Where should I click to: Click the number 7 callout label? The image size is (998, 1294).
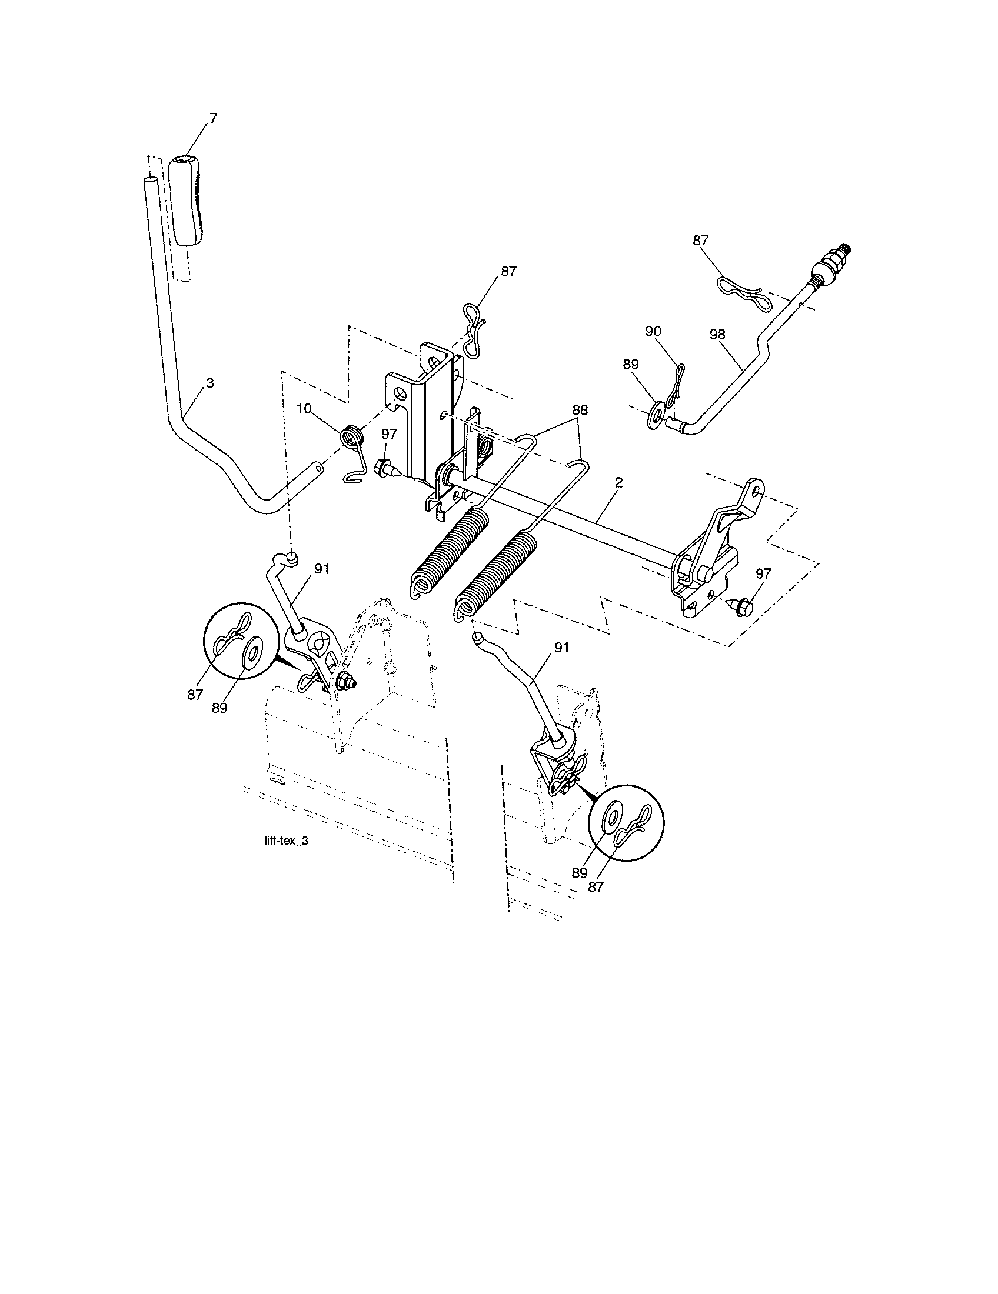213,118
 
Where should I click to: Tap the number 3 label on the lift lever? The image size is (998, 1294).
210,383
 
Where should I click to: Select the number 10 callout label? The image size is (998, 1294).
304,409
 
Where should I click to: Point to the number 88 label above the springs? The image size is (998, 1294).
580,409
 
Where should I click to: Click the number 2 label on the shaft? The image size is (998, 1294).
618,482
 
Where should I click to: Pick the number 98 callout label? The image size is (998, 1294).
717,333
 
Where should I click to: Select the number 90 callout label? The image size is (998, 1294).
653,331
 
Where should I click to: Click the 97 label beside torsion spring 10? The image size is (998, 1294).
389,434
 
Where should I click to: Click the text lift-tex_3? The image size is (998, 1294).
286,842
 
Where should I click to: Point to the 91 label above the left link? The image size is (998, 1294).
321,569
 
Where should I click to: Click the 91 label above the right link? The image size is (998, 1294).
561,648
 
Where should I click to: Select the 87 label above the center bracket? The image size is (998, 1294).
508,271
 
